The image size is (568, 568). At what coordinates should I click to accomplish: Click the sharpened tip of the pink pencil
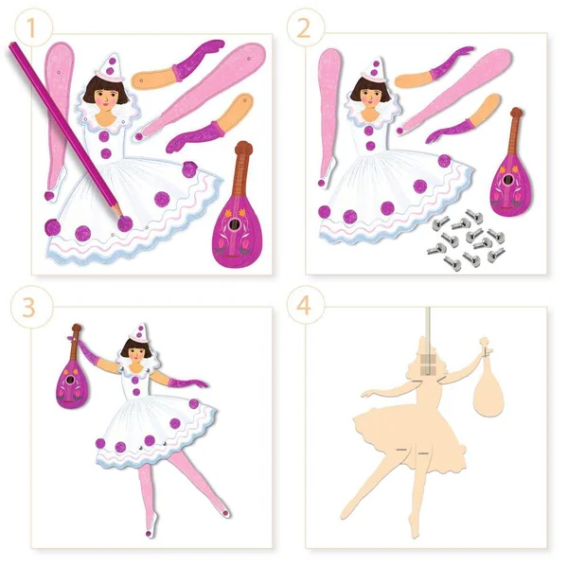121,216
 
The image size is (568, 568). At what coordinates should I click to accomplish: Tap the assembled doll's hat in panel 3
139,332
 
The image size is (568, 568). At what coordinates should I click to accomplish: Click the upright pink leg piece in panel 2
328,117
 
